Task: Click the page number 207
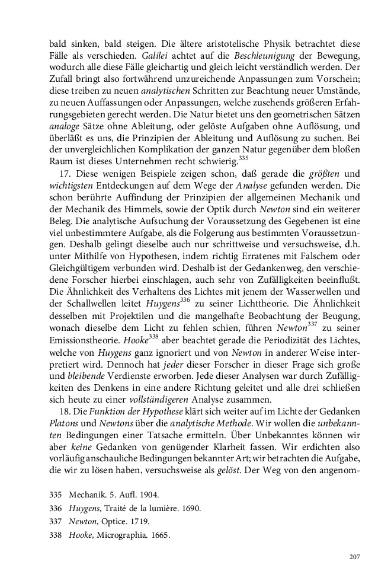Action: click(x=355, y=557)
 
